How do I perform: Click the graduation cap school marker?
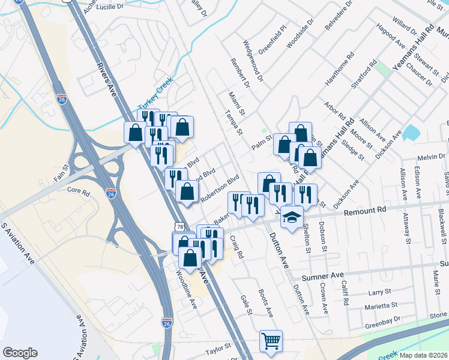[292, 216]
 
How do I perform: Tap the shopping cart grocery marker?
[271, 341]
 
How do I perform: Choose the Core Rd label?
[78, 191]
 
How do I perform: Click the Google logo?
[20, 353]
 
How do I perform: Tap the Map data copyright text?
[423, 355]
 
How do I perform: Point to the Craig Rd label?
[237, 247]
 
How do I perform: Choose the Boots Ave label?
[266, 304]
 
